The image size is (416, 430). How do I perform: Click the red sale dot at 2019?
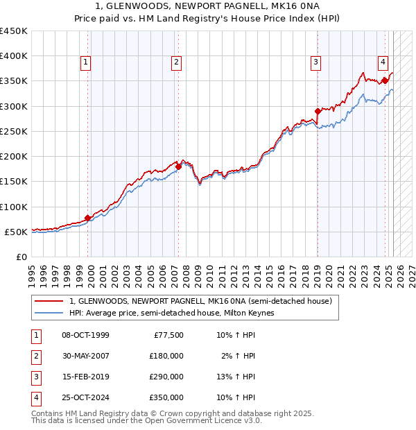(x=318, y=111)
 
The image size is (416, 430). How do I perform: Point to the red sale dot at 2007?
(x=178, y=166)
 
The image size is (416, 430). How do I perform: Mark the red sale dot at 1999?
(x=88, y=218)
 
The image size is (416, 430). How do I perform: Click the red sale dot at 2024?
(x=385, y=81)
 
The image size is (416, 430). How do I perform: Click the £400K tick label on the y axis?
(x=14, y=56)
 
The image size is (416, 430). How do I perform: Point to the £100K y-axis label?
(x=14, y=207)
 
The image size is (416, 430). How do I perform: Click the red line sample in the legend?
(x=49, y=302)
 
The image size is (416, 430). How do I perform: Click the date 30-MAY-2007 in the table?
(x=85, y=356)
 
